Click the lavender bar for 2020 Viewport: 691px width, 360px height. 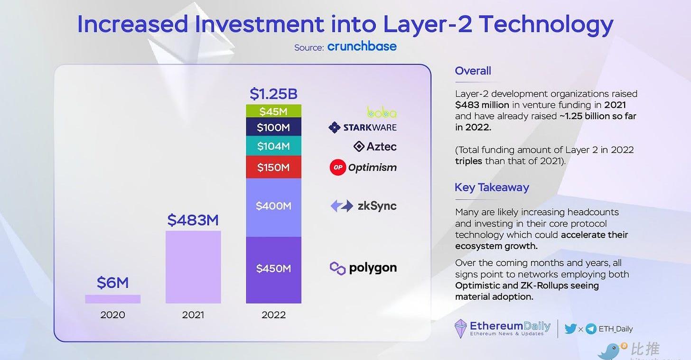(x=112, y=299)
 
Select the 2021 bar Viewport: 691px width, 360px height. (x=193, y=267)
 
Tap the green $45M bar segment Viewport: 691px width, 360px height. (x=273, y=111)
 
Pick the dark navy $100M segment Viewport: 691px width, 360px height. (x=273, y=127)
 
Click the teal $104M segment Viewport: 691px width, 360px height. (x=273, y=146)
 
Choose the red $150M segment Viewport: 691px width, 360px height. (x=273, y=167)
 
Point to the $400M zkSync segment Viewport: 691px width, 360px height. (x=273, y=206)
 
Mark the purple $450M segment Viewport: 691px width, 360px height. (x=273, y=269)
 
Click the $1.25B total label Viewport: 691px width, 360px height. (x=273, y=94)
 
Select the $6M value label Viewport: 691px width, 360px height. (x=112, y=283)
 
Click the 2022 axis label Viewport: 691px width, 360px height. (x=273, y=315)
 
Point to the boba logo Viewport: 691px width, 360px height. (x=382, y=112)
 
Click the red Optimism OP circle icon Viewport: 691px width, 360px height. (x=337, y=167)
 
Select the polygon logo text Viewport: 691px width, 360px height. (x=373, y=268)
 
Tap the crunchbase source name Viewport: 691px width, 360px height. (x=362, y=46)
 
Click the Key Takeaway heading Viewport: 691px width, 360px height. (x=492, y=187)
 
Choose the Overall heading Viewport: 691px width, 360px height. (x=473, y=71)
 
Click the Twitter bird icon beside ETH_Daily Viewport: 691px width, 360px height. (x=570, y=329)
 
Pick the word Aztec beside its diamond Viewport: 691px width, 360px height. (x=381, y=147)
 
